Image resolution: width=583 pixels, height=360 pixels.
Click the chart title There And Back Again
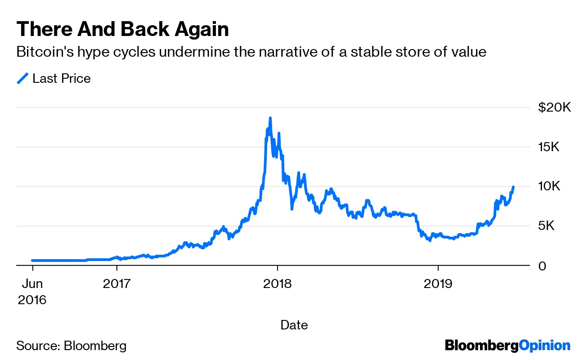pyautogui.click(x=122, y=29)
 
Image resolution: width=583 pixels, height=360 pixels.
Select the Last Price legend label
pyautogui.click(x=61, y=78)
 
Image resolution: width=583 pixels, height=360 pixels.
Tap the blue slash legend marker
pyautogui.click(x=22, y=78)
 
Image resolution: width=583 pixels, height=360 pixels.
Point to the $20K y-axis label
pyautogui.click(x=554, y=108)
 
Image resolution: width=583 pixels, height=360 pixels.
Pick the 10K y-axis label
pyautogui.click(x=549, y=186)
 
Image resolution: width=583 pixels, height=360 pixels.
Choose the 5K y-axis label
pyautogui.click(x=549, y=226)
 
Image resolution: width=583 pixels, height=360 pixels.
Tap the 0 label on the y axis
pyautogui.click(x=543, y=265)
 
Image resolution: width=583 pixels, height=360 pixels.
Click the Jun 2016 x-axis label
pyautogui.click(x=32, y=291)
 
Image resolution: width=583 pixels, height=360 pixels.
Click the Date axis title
pyautogui.click(x=294, y=324)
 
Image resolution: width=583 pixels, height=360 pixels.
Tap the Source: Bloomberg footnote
pyautogui.click(x=72, y=346)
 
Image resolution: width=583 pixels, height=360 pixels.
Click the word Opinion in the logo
pyautogui.click(x=545, y=346)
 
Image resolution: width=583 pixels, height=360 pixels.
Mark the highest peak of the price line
pyautogui.click(x=270, y=118)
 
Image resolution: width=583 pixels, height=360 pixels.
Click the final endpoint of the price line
pyautogui.click(x=513, y=187)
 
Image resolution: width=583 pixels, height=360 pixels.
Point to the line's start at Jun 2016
pyautogui.click(x=33, y=261)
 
